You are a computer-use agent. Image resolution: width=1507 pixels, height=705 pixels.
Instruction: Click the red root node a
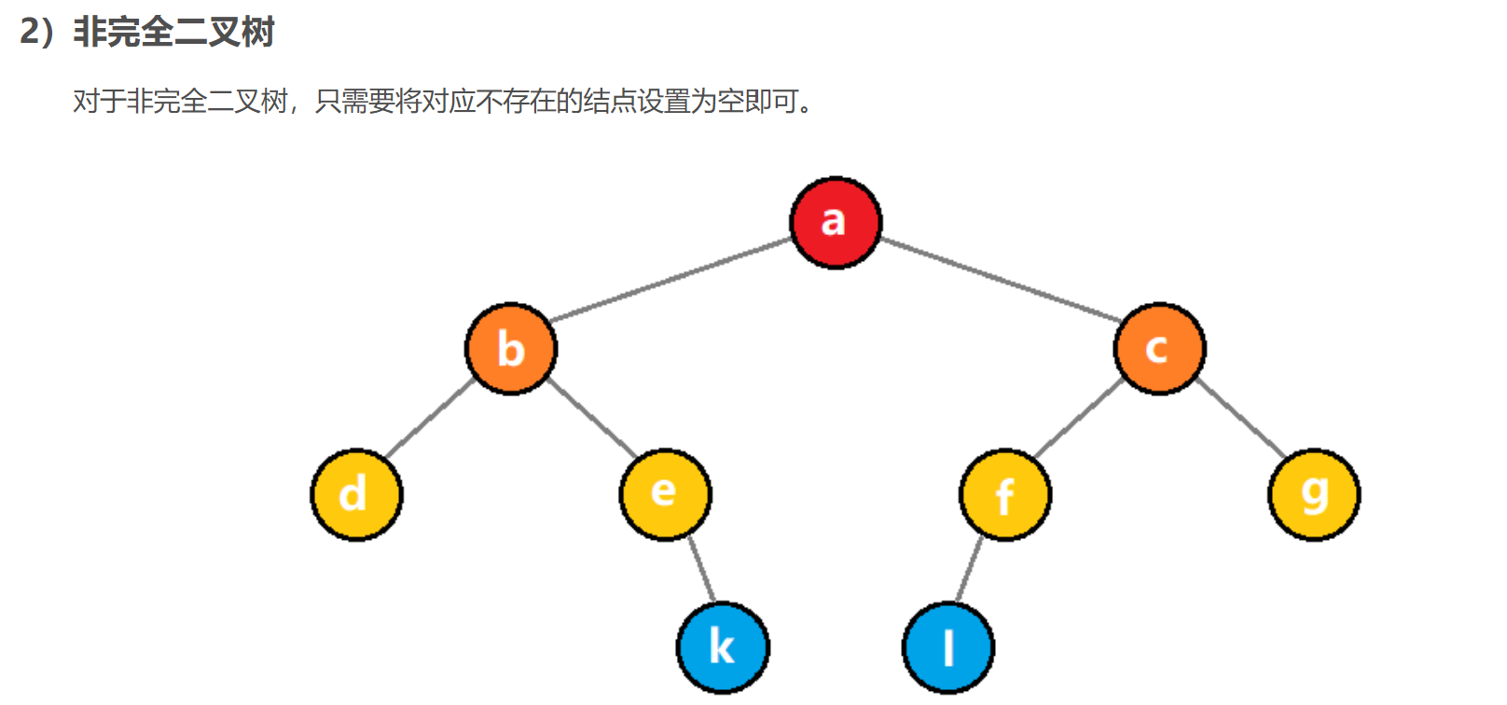click(836, 223)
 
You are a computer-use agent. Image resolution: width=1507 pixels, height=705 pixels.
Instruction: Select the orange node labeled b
click(511, 349)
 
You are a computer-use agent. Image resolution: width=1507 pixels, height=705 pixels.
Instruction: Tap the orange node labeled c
click(1159, 349)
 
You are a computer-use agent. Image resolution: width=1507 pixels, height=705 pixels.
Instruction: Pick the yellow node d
click(356, 494)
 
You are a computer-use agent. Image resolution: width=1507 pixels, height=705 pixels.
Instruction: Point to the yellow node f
click(1005, 494)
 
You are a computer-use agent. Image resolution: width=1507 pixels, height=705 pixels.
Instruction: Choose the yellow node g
click(1314, 494)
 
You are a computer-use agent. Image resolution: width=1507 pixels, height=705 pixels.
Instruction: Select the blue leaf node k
click(723, 647)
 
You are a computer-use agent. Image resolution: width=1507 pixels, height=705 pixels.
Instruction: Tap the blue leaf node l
click(948, 647)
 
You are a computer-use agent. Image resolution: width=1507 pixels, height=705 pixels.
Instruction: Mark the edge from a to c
click(1000, 280)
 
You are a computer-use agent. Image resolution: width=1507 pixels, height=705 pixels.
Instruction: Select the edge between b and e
click(590, 419)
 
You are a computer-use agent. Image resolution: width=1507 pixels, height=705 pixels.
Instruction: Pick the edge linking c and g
click(1239, 419)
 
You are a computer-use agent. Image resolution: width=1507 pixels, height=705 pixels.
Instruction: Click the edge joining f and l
click(970, 571)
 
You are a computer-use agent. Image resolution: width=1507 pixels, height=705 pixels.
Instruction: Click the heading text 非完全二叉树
click(173, 33)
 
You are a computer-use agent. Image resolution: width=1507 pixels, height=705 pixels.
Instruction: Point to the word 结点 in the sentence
click(609, 101)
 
